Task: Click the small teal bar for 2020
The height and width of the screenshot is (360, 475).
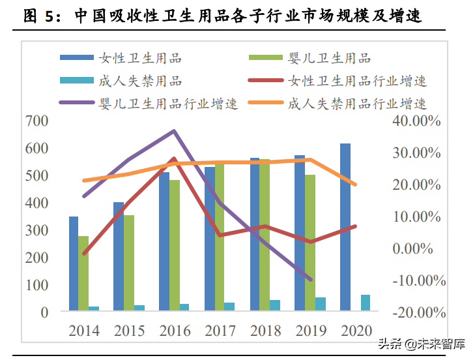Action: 365,303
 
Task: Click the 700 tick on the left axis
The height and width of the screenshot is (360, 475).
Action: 36,121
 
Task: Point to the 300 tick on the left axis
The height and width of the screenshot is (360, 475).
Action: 36,230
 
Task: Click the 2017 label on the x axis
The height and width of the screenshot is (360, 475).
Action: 220,331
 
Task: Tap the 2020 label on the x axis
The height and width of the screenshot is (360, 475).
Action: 356,331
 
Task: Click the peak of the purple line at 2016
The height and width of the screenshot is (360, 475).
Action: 174,131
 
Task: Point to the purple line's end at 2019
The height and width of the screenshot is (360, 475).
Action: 311,279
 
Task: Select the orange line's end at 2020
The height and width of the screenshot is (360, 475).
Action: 355,185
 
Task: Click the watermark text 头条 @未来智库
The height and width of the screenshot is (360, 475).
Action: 418,344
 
